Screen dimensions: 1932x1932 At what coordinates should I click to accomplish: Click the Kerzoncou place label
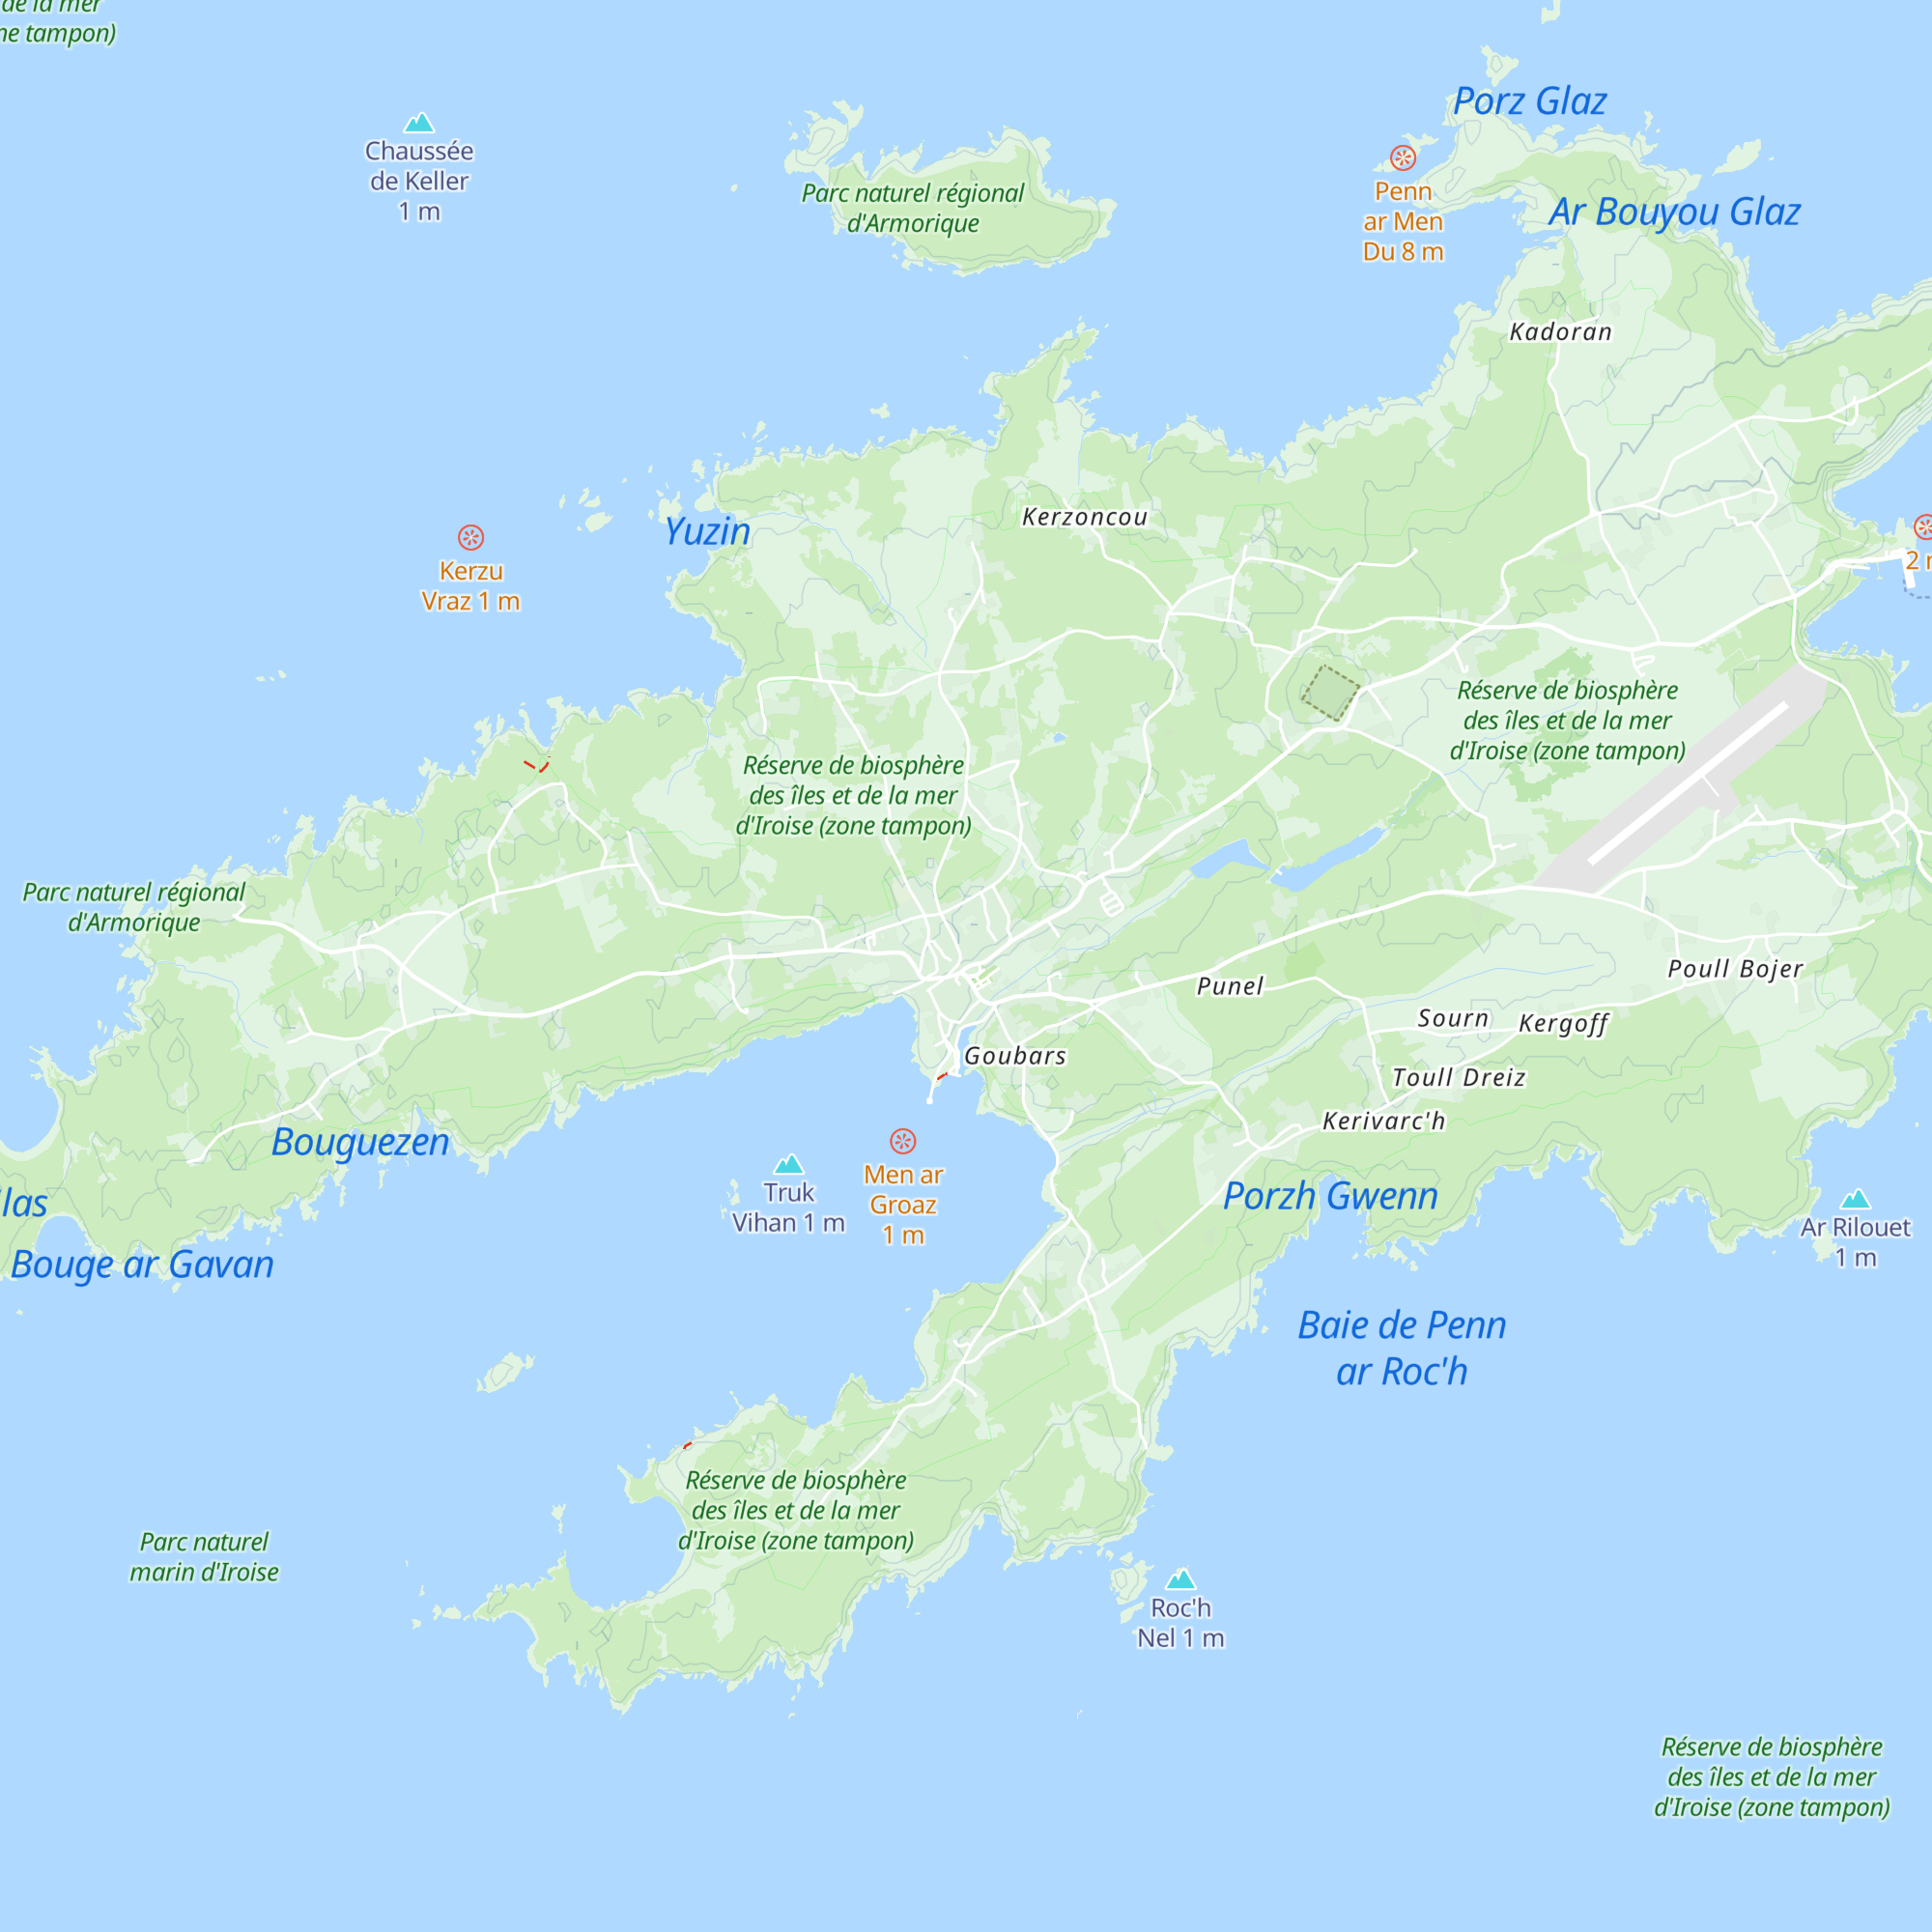1084,517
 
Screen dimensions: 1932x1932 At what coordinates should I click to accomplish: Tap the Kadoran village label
1560,332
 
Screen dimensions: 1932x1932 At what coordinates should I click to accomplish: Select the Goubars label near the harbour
1014,1056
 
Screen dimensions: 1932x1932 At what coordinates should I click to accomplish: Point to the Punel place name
1230,986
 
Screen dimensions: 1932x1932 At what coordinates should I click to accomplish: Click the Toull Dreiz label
1458,1077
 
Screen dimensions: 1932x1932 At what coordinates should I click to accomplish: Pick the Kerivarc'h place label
1383,1121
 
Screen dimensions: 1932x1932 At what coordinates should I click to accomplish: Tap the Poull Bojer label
1735,968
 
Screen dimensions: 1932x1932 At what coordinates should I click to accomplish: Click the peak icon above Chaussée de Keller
419,123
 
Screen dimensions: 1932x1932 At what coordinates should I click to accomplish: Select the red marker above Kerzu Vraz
471,537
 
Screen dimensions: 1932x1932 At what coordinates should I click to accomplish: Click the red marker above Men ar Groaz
903,1141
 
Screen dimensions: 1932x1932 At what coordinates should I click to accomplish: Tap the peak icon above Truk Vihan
789,1164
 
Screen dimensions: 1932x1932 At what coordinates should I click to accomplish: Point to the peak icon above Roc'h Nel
1180,1579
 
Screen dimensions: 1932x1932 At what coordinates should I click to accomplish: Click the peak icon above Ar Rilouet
1855,1199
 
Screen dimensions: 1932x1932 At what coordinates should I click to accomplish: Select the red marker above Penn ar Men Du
1403,157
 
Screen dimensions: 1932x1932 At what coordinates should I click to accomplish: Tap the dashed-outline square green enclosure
1330,692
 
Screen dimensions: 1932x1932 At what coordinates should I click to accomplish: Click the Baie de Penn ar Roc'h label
1401,1348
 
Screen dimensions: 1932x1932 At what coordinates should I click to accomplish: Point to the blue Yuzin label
707,531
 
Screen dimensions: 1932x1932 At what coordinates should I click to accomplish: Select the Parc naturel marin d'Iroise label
204,1557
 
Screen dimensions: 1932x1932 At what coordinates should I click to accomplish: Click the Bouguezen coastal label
360,1142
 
